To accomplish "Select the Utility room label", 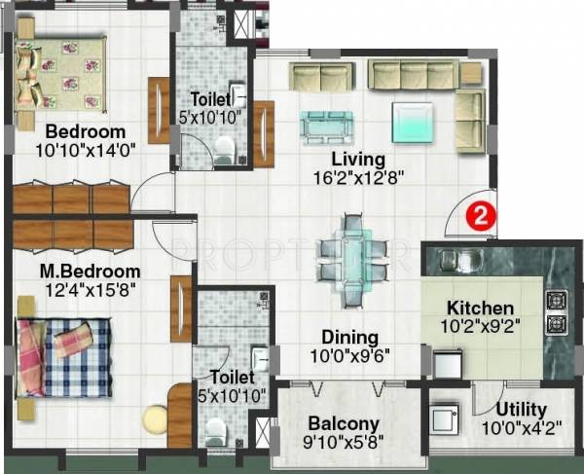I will (x=521, y=410).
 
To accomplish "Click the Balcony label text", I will (x=344, y=423).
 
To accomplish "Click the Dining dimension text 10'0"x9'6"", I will (x=357, y=354).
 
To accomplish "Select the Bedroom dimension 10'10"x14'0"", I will (x=87, y=150).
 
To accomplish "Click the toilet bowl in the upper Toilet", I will (x=225, y=147).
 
